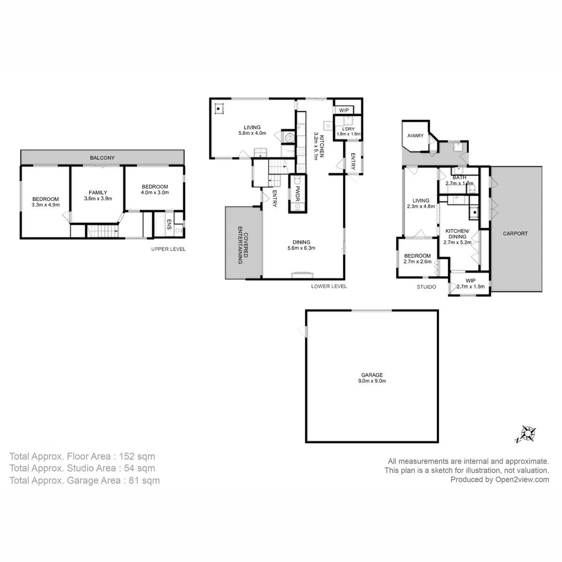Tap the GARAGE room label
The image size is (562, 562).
(x=372, y=375)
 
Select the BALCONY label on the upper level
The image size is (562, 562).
(x=102, y=158)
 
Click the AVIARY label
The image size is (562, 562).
(x=415, y=136)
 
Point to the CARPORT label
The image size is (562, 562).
(x=515, y=233)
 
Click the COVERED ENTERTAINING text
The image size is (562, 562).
(x=243, y=245)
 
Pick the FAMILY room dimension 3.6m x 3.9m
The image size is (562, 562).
(x=98, y=198)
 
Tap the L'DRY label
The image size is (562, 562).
(x=348, y=129)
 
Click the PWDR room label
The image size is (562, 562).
(x=297, y=193)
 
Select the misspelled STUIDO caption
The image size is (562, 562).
(x=426, y=287)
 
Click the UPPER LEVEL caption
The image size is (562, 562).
(x=168, y=249)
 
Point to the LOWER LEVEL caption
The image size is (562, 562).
(x=329, y=287)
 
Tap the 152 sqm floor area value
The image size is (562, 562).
(x=137, y=456)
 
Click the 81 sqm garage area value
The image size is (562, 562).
(x=144, y=481)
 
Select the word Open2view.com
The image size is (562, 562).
(x=522, y=480)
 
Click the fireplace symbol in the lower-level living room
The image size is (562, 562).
(x=218, y=109)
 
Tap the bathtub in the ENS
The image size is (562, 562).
(x=160, y=225)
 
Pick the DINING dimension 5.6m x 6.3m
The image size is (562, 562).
(x=301, y=248)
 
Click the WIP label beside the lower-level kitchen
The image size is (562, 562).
(x=344, y=110)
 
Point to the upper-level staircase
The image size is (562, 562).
(x=103, y=231)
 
